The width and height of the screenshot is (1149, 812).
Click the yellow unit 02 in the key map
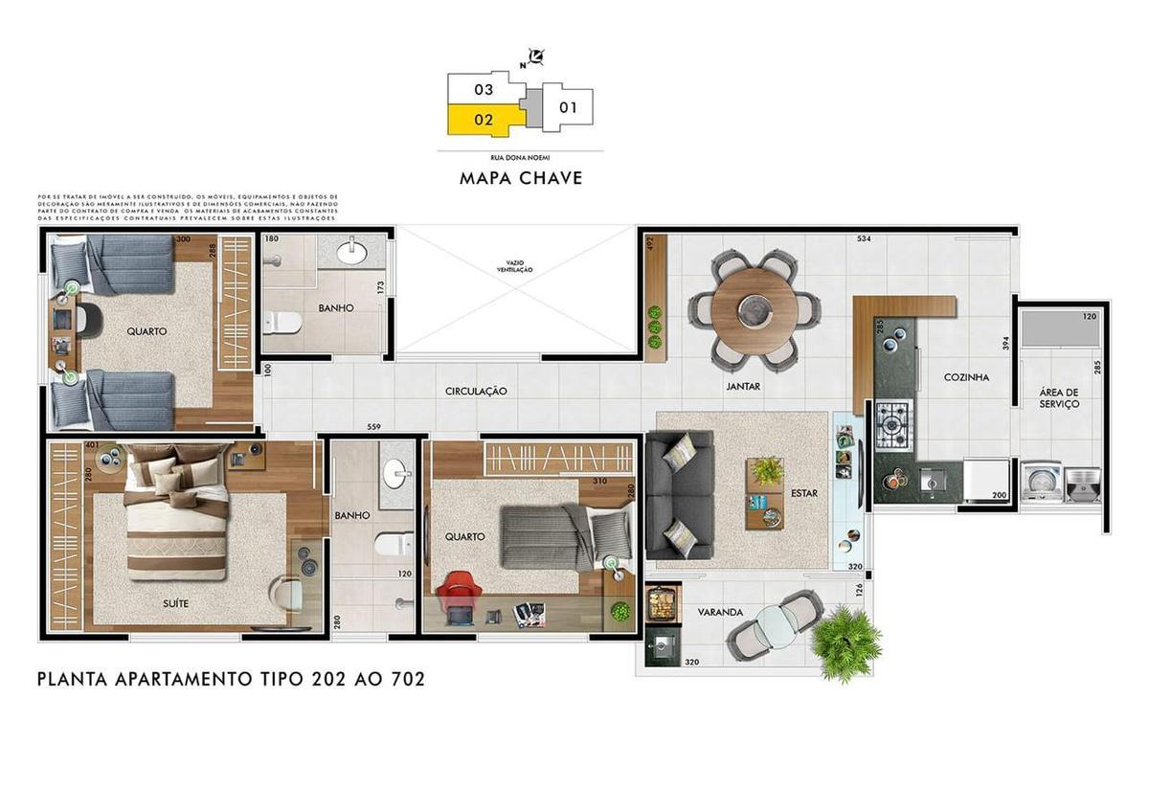[484, 120]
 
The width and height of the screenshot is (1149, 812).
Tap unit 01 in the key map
[568, 107]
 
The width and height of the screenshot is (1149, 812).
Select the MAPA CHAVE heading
[521, 178]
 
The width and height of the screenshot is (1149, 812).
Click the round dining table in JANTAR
[755, 308]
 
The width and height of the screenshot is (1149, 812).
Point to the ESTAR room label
[803, 494]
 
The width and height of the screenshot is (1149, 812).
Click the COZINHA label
[966, 377]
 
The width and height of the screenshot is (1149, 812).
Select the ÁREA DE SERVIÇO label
[1059, 397]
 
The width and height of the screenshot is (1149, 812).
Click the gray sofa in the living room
[679, 495]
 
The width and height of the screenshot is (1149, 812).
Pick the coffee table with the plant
[765, 492]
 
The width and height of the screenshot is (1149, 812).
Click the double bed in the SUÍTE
[177, 523]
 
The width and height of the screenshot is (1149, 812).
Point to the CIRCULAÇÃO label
[476, 392]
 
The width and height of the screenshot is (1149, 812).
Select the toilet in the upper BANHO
[283, 323]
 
